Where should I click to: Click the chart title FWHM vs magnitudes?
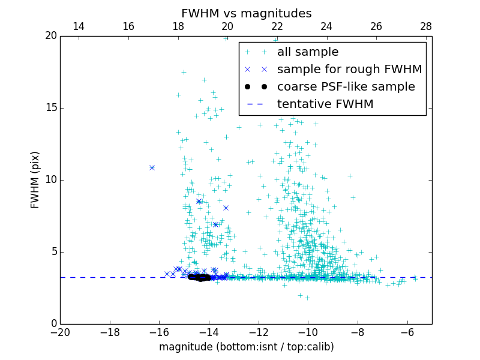pos(246,13)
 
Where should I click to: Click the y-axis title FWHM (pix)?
pos(35,179)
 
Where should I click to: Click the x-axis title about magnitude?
pos(246,347)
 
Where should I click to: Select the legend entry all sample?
pos(308,52)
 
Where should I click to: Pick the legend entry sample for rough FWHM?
pos(349,70)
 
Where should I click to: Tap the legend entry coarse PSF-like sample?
pos(346,87)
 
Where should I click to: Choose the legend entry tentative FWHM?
pos(325,104)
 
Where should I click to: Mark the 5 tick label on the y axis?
pos(53,252)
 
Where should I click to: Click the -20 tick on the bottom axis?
pos(60,331)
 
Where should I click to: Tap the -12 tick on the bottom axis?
pos(259,331)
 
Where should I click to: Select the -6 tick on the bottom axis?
pos(407,331)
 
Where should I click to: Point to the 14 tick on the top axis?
pos(79,27)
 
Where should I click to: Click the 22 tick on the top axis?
pos(277,27)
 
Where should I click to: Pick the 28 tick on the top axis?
pos(426,27)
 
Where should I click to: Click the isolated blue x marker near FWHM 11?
pos(152,167)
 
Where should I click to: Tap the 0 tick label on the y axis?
pos(53,324)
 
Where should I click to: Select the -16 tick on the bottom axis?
pos(159,331)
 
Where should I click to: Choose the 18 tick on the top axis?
pos(178,27)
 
